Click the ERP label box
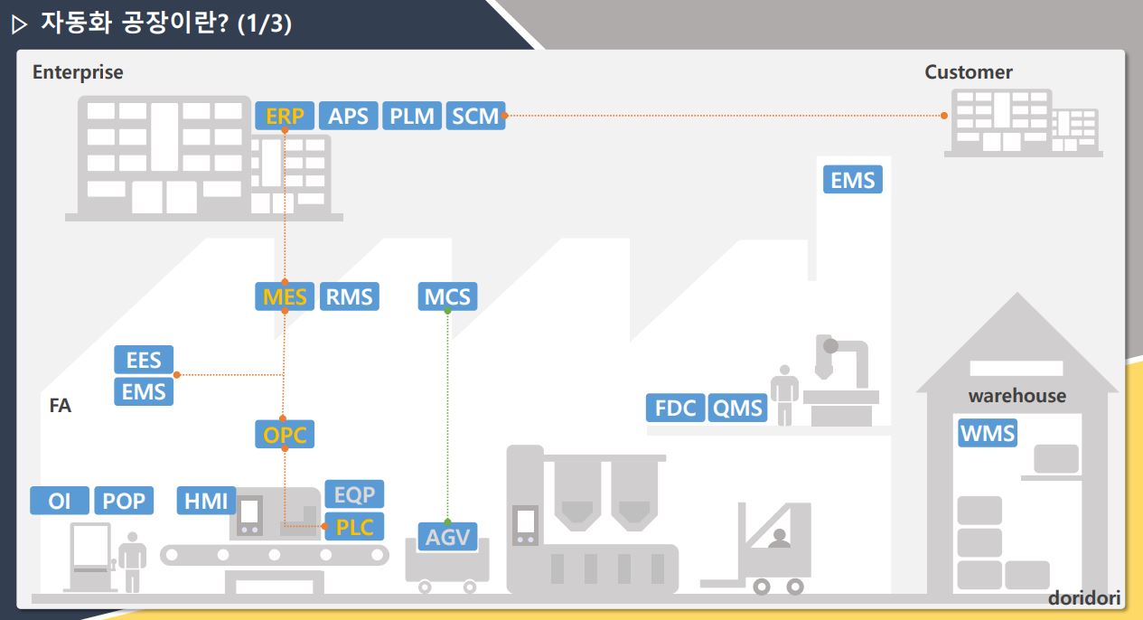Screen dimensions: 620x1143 [x=285, y=116]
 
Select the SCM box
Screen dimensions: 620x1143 [x=475, y=116]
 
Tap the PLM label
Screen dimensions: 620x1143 [x=412, y=116]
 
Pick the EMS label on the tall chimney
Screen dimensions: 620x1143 [x=853, y=180]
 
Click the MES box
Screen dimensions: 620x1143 [x=285, y=296]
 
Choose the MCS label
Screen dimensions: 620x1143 [x=447, y=296]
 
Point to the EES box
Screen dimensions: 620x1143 [x=144, y=360]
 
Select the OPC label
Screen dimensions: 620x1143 [x=285, y=436]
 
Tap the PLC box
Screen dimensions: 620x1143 [x=354, y=526]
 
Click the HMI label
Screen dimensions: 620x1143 [x=206, y=501]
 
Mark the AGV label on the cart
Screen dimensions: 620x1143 [x=447, y=537]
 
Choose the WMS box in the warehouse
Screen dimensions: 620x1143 [x=988, y=433]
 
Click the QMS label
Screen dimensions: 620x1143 [x=737, y=408]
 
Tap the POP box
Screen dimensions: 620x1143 [x=124, y=501]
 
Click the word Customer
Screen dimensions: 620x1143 [x=968, y=72]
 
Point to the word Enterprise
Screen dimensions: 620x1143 [x=78, y=72]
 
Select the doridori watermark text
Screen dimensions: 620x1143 [x=1083, y=598]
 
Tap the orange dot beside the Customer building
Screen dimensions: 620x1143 [x=944, y=116]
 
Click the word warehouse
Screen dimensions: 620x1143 [x=1017, y=396]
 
